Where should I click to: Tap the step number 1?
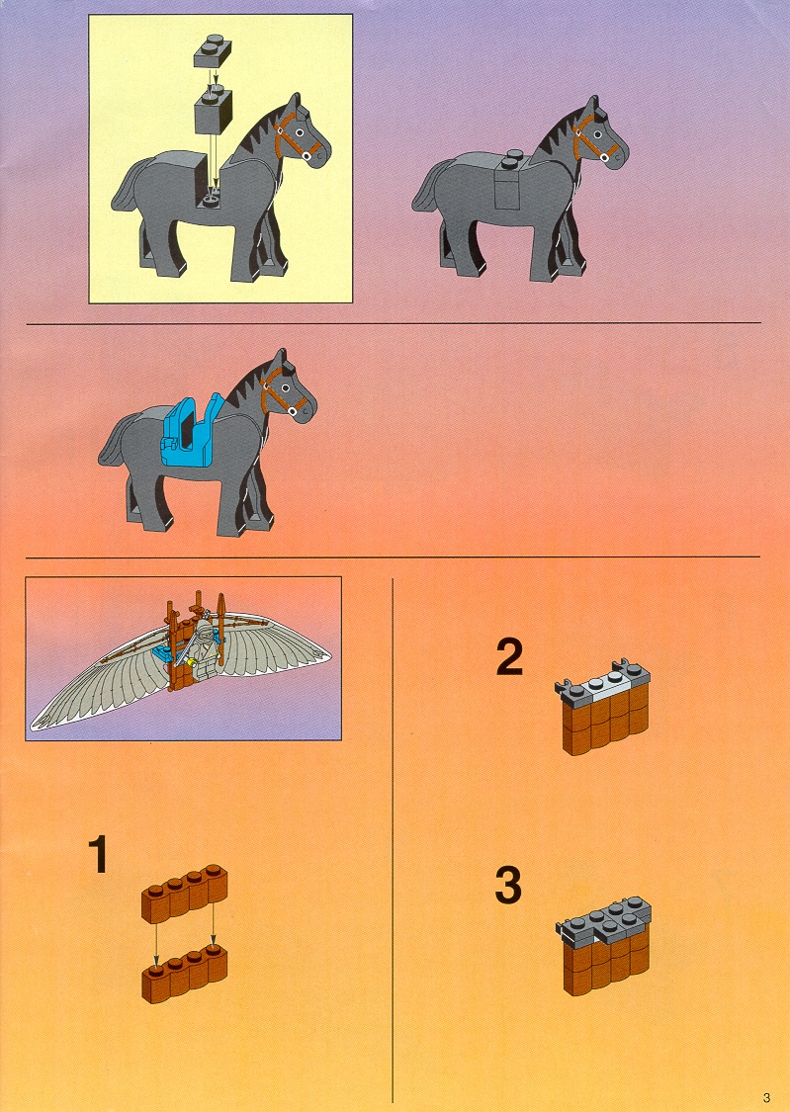[98, 855]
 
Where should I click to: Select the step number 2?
[509, 657]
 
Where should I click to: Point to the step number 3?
[508, 886]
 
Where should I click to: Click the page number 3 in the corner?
[766, 1098]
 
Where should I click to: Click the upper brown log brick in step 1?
[185, 894]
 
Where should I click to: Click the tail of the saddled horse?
[114, 446]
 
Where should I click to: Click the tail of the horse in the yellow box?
[127, 192]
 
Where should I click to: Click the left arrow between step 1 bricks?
[157, 944]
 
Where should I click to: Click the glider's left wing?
[99, 687]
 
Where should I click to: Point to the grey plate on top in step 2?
[603, 682]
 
